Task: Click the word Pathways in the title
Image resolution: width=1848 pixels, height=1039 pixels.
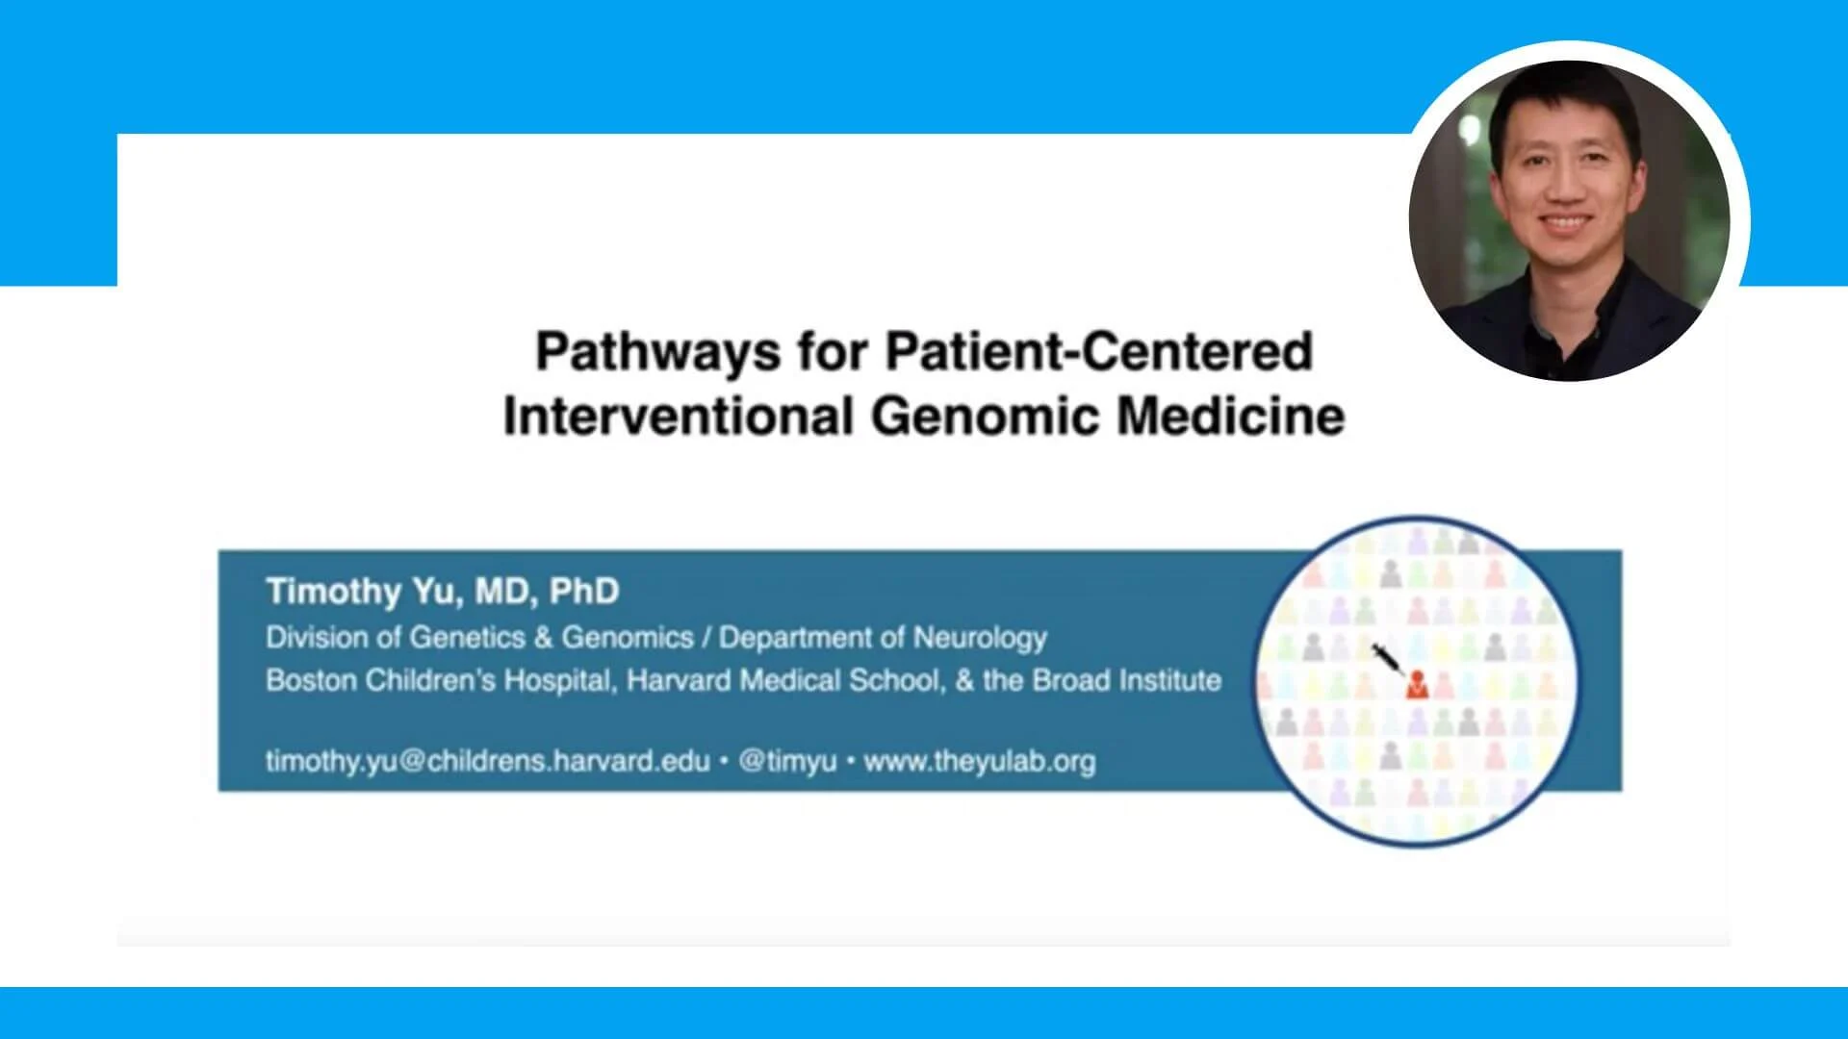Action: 657,352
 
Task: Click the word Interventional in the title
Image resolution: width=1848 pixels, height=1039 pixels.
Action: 679,416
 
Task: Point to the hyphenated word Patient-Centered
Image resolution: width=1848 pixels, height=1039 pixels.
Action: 1099,351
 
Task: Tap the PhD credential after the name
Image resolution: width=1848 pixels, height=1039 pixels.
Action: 584,591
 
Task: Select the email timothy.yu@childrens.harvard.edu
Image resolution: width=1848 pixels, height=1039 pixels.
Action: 488,761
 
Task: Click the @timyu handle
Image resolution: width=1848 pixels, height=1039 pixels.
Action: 787,762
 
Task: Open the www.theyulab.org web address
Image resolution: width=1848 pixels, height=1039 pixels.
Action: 980,761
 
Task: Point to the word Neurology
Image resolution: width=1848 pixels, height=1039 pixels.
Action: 980,638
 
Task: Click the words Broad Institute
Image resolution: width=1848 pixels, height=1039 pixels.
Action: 1127,680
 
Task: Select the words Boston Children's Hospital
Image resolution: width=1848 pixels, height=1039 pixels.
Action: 439,680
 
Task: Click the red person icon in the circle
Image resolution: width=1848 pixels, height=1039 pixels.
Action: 1416,685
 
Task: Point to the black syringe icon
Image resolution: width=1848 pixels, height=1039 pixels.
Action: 1387,659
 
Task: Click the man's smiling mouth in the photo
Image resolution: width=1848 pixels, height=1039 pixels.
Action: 1564,223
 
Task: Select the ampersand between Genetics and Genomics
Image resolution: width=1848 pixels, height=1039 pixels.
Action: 543,638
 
